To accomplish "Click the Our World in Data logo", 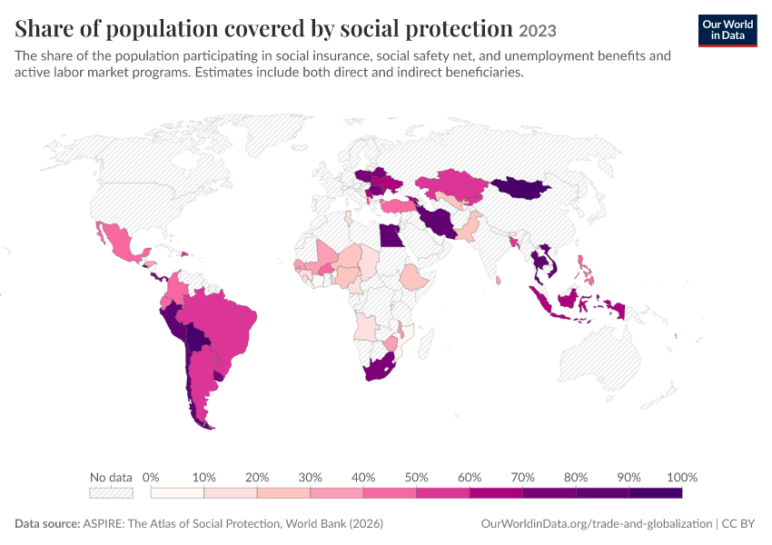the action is [727, 31].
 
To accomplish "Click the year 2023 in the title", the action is [538, 31].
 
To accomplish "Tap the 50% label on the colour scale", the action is [416, 477].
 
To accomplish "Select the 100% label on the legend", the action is [682, 477].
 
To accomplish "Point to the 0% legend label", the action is [151, 477].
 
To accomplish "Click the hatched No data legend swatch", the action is [112, 493].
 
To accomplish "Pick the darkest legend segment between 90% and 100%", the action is [656, 493].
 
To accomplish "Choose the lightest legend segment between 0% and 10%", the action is [177, 493].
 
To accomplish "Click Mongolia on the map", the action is [521, 188].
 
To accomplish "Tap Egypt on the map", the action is [390, 235].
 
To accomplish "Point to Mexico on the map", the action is [120, 242].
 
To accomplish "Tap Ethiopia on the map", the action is [414, 277].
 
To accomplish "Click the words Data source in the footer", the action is [47, 523].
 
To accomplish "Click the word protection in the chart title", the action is [459, 28].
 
